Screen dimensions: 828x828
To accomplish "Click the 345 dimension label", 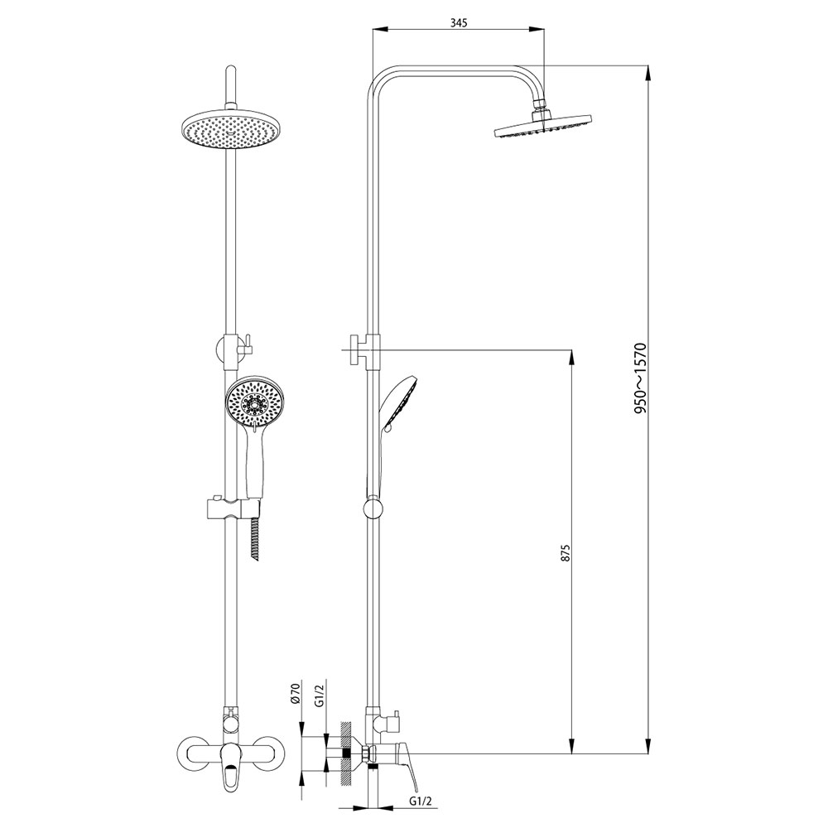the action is click(x=459, y=22).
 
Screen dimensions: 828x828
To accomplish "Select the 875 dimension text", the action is click(x=566, y=552).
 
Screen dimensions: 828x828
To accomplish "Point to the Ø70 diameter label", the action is click(x=296, y=692).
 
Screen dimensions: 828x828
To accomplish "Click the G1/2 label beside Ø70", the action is click(x=319, y=695).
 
